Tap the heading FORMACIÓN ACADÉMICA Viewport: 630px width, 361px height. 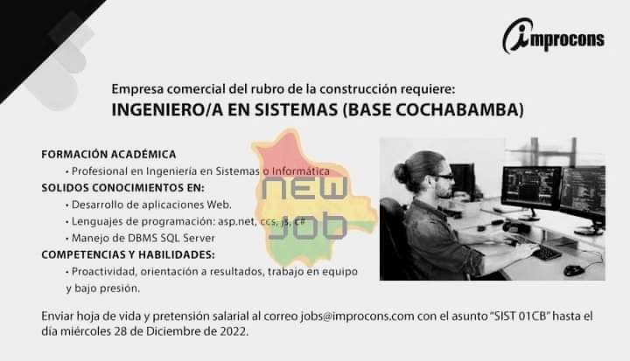(x=108, y=154)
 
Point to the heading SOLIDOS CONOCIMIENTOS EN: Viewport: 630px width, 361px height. (x=122, y=187)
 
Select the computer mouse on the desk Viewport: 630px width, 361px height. (x=574, y=270)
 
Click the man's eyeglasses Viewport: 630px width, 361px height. (x=444, y=177)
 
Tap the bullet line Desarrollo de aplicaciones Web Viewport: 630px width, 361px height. (x=143, y=205)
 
